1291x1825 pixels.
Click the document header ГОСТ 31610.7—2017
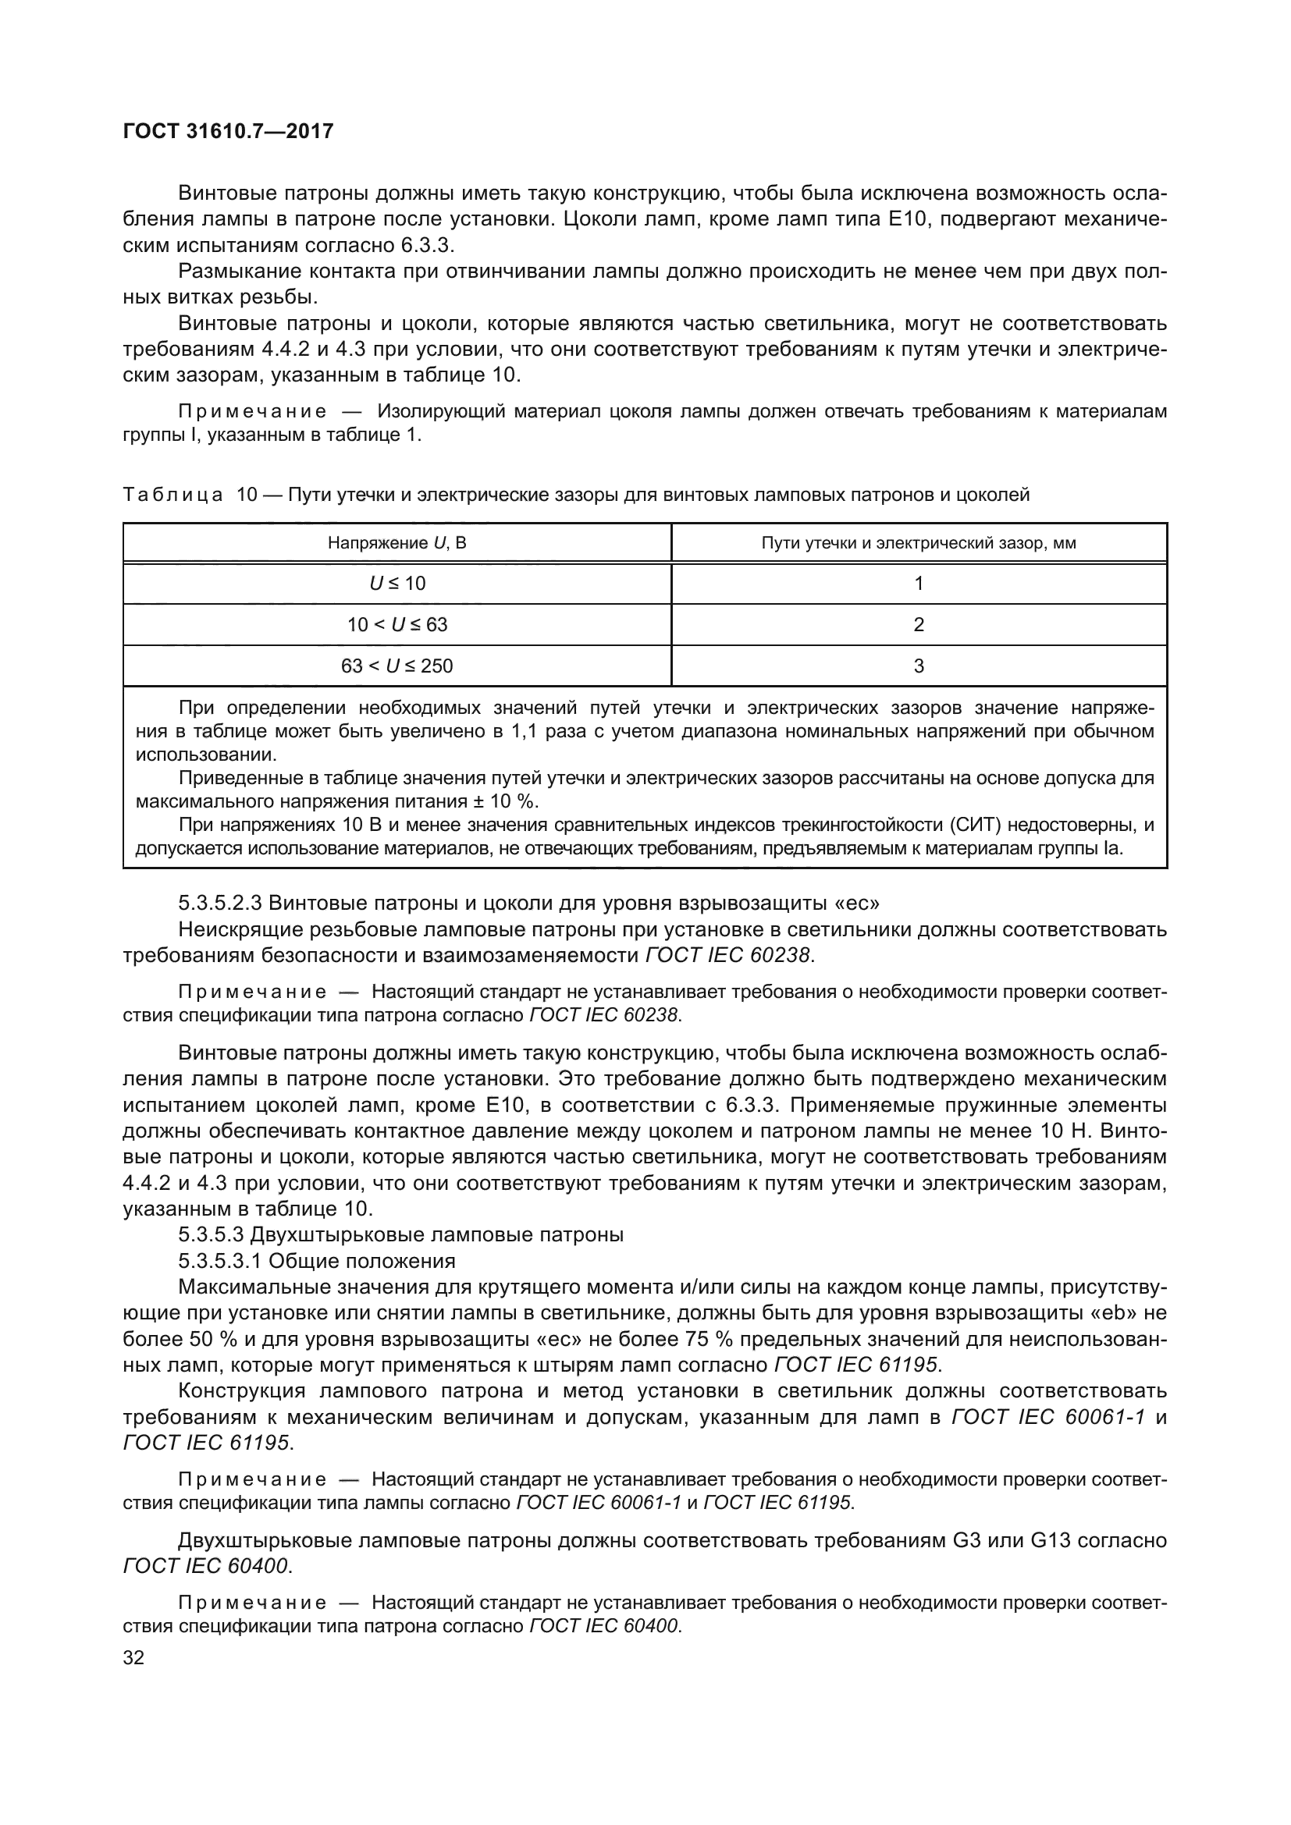click(228, 131)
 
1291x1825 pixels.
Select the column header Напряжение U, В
click(397, 543)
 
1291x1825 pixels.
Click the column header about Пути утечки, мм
click(918, 543)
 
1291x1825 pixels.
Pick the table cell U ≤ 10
click(397, 584)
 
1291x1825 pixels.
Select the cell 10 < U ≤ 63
click(397, 625)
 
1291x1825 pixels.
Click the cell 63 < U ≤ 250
click(397, 666)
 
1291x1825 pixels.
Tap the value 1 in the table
click(918, 584)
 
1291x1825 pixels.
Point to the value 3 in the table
click(918, 666)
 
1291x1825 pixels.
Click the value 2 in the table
click(918, 625)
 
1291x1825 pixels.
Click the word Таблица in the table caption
click(172, 495)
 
